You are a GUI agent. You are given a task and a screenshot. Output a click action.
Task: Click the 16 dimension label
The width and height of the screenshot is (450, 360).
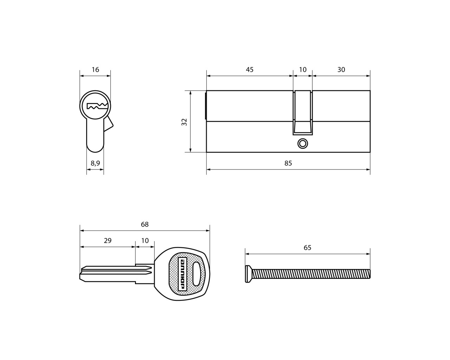pos(95,70)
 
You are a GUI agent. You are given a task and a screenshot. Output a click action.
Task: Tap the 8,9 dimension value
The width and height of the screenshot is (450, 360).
pos(95,163)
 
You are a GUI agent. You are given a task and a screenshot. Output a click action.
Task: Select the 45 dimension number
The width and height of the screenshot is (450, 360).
pos(250,70)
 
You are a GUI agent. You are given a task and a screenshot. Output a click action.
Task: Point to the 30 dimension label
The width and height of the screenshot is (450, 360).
pos(341,70)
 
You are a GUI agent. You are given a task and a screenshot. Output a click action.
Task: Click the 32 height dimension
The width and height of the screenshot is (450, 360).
pos(184,122)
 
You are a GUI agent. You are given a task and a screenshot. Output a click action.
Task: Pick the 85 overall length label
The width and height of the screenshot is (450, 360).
pos(288,163)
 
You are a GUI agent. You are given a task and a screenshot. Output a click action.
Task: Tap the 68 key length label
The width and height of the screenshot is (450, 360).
pos(145,224)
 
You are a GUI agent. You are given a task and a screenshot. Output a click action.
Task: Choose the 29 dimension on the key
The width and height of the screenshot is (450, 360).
pos(108,241)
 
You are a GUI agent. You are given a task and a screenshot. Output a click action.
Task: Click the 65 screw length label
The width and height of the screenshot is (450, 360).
pos(307,247)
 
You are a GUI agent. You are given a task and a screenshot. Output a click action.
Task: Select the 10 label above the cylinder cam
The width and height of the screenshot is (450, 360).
pos(303,70)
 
